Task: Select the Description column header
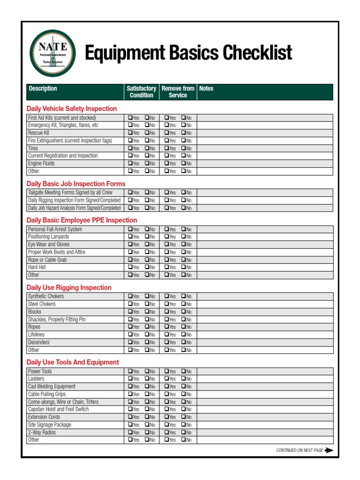pyautogui.click(x=43, y=89)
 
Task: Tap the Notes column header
pyautogui.click(x=206, y=89)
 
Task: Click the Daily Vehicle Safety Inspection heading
pyautogui.click(x=72, y=109)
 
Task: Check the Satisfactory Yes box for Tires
pyautogui.click(x=130, y=148)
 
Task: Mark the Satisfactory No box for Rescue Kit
pyautogui.click(x=147, y=133)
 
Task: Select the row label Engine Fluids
pyautogui.click(x=41, y=164)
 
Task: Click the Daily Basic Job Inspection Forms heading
pyautogui.click(x=76, y=184)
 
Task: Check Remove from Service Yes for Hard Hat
pyautogui.click(x=166, y=267)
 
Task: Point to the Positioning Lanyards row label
pyautogui.click(x=48, y=237)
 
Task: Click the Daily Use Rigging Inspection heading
pyautogui.click(x=69, y=288)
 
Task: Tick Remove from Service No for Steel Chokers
pyautogui.click(x=184, y=304)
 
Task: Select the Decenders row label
pyautogui.click(x=38, y=342)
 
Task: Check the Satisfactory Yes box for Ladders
pyautogui.click(x=130, y=379)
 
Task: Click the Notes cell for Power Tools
pyautogui.click(x=265, y=371)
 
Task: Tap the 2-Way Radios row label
pyautogui.click(x=42, y=432)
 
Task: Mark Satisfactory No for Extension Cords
pyautogui.click(x=147, y=417)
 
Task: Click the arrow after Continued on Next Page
pyautogui.click(x=329, y=450)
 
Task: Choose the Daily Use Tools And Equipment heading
pyautogui.click(x=73, y=362)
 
